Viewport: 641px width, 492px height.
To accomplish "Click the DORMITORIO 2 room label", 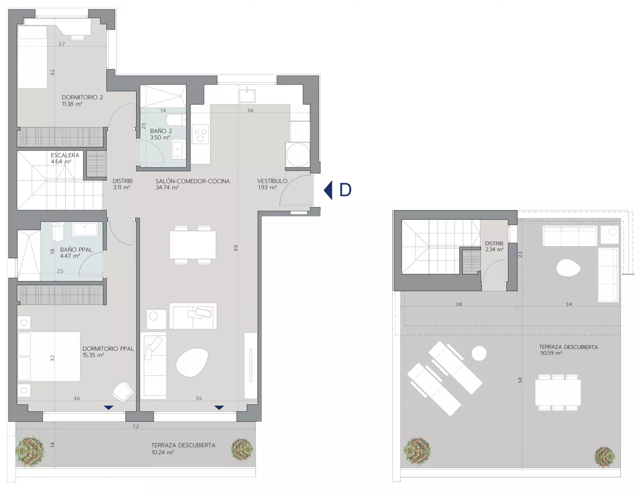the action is (x=82, y=97).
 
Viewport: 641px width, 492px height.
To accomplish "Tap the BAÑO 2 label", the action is (x=161, y=131).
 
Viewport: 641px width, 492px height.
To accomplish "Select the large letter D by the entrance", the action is (x=345, y=190).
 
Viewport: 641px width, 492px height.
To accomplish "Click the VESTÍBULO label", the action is (x=272, y=181).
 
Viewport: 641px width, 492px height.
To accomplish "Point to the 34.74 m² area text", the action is (x=167, y=188).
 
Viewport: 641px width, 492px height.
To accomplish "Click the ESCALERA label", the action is (x=65, y=155).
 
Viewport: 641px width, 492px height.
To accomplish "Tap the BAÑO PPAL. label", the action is (x=77, y=250).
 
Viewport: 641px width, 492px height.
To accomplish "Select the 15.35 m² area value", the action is (x=93, y=355).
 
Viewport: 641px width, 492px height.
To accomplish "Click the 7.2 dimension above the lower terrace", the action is (x=136, y=426).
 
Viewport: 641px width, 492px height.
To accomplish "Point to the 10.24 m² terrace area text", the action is (x=163, y=452).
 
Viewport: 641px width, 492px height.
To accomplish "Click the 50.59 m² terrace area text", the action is (x=551, y=353).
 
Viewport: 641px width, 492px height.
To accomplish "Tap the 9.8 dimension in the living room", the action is (x=235, y=248).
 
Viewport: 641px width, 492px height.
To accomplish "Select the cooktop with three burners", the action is (x=200, y=135).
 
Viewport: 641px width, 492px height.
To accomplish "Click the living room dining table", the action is (x=193, y=245).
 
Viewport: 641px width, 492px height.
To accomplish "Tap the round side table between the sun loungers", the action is (x=479, y=353).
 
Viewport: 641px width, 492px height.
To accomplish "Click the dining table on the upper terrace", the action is (x=558, y=393).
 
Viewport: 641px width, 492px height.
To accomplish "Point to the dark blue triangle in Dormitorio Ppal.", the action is (x=109, y=408).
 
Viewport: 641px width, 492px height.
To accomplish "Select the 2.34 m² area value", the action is (x=494, y=250).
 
